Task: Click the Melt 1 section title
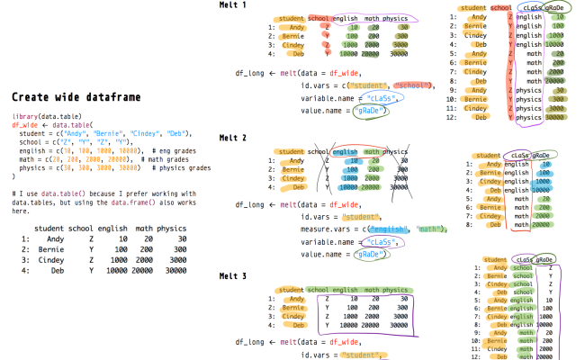(x=233, y=5)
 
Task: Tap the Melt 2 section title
(x=233, y=138)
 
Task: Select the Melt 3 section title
(x=233, y=275)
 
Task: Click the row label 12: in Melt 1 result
(x=453, y=116)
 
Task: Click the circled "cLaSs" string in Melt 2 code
(x=378, y=241)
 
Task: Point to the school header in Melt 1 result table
(x=501, y=7)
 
